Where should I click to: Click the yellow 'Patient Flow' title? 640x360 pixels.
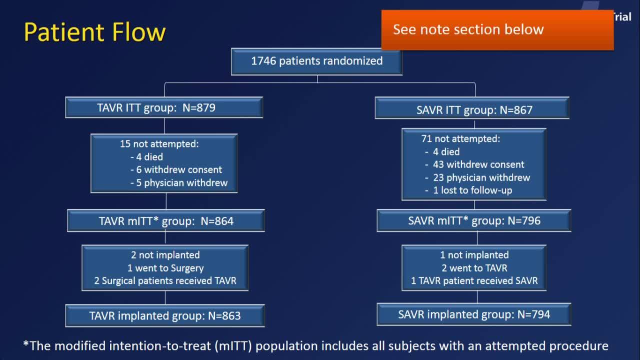tap(94, 32)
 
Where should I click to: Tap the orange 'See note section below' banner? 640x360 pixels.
tap(497, 30)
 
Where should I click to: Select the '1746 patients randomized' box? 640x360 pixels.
tap(317, 61)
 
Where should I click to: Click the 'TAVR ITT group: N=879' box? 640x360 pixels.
tap(164, 107)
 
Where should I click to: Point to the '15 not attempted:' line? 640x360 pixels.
tap(159, 144)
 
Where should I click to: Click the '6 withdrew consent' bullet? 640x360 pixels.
tap(176, 169)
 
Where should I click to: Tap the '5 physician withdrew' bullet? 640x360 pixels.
tap(179, 183)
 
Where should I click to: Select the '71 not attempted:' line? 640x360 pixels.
tap(460, 139)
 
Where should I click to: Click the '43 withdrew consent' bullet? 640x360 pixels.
tap(474, 164)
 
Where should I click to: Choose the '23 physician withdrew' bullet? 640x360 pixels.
tap(477, 177)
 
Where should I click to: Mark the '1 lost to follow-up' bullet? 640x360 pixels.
tap(468, 190)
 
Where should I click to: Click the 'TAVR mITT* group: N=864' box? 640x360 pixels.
tap(166, 220)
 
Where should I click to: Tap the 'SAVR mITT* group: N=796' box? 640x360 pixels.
tap(474, 220)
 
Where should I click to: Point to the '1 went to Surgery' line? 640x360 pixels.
tap(165, 268)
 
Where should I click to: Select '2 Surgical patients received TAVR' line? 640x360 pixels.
tap(165, 281)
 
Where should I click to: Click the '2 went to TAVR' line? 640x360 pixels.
tap(474, 268)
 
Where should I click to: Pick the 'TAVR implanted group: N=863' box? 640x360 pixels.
tap(165, 315)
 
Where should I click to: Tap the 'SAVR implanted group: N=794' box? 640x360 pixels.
tap(474, 314)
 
